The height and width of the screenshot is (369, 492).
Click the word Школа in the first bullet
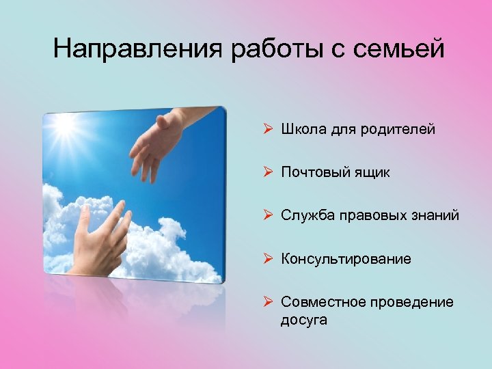click(x=301, y=130)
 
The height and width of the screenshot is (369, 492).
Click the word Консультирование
click(x=346, y=259)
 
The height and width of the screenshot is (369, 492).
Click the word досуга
click(x=303, y=319)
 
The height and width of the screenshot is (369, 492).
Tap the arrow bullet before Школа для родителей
click(x=269, y=130)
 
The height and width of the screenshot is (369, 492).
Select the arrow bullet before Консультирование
click(x=269, y=259)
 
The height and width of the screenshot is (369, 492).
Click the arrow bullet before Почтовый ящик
click(x=269, y=173)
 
